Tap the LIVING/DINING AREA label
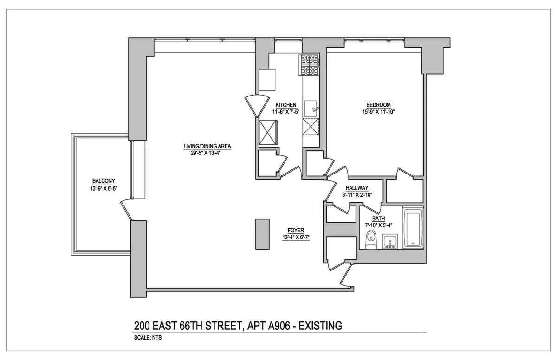point(207,146)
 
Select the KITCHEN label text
point(285,105)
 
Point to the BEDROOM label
point(378,105)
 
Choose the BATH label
point(379,219)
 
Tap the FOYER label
point(296,230)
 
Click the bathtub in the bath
point(413,229)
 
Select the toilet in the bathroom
point(370,241)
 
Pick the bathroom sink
point(389,242)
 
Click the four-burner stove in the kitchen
point(309,64)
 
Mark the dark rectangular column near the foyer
point(262,234)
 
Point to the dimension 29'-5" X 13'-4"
point(207,153)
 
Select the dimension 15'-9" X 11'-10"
point(378,111)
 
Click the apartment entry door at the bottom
point(346,277)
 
